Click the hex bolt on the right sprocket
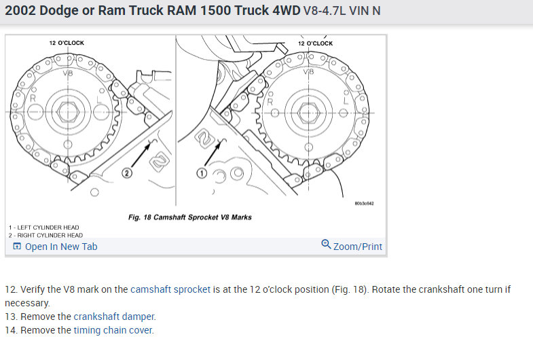click(x=309, y=113)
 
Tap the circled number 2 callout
click(x=127, y=173)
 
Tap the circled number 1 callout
click(x=202, y=173)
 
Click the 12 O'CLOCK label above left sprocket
click(x=67, y=43)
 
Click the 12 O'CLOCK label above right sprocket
click(x=316, y=43)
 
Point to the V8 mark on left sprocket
click(x=68, y=73)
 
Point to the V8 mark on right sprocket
click(x=309, y=72)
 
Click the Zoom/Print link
click(x=358, y=247)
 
